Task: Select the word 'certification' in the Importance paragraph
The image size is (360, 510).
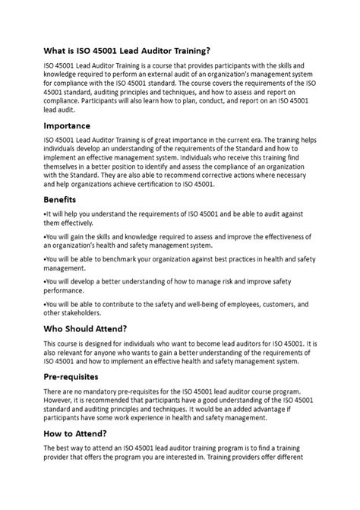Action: (169, 184)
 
